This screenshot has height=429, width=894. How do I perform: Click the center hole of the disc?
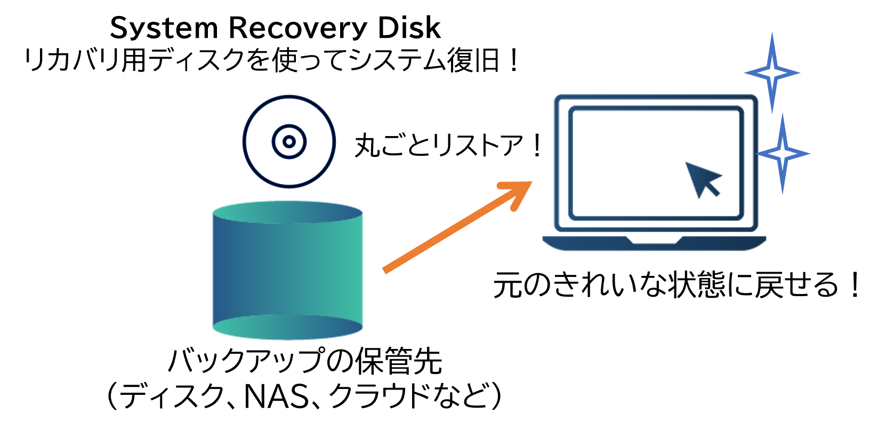click(289, 141)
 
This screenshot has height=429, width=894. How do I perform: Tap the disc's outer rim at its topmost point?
click(289, 96)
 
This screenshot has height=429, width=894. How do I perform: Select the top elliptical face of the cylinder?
click(288, 212)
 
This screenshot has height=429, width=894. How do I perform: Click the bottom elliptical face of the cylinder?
click(288, 327)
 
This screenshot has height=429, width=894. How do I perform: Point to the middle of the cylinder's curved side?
click(288, 269)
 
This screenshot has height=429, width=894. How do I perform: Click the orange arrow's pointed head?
click(528, 185)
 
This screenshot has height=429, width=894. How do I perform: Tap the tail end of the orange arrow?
click(385, 271)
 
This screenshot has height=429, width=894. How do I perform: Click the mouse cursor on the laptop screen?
click(702, 178)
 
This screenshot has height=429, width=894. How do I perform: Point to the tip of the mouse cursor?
click(686, 162)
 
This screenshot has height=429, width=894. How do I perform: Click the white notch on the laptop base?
click(654, 240)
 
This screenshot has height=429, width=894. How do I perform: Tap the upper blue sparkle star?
click(772, 73)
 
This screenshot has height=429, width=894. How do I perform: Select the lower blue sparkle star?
click(782, 154)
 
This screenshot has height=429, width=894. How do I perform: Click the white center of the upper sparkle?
click(772, 73)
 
